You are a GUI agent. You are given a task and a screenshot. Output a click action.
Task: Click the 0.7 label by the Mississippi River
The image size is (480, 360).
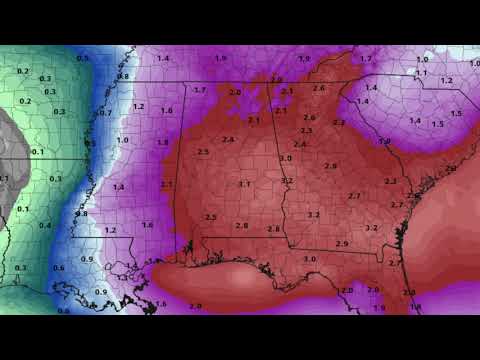104,113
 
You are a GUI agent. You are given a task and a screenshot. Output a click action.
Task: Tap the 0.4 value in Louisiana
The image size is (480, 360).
44,225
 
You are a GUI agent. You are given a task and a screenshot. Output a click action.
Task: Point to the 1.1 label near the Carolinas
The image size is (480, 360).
421,73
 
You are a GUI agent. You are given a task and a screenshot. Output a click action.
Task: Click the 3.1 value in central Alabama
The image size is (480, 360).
245,184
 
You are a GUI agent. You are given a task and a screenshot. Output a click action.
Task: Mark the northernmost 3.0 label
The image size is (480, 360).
286,159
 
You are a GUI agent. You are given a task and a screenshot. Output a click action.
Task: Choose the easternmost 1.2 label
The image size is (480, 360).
446,80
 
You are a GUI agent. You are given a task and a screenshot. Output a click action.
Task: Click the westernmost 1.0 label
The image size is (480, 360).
122,140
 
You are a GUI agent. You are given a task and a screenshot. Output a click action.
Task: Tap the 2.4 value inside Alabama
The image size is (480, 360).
229,140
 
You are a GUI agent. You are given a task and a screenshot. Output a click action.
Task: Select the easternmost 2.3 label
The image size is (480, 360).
390,181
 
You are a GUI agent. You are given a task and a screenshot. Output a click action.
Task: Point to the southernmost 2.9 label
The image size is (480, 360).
342,244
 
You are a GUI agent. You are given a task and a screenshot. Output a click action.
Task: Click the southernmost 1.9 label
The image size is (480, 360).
379,308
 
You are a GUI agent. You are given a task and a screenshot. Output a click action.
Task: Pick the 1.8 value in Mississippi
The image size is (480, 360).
162,143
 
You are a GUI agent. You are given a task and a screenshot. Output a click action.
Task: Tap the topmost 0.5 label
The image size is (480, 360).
83,59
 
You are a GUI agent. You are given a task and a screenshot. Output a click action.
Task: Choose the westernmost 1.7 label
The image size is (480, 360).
199,90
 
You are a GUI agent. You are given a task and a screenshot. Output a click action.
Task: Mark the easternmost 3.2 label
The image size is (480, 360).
372,228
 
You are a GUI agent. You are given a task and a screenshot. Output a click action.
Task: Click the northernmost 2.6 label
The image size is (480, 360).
319,88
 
